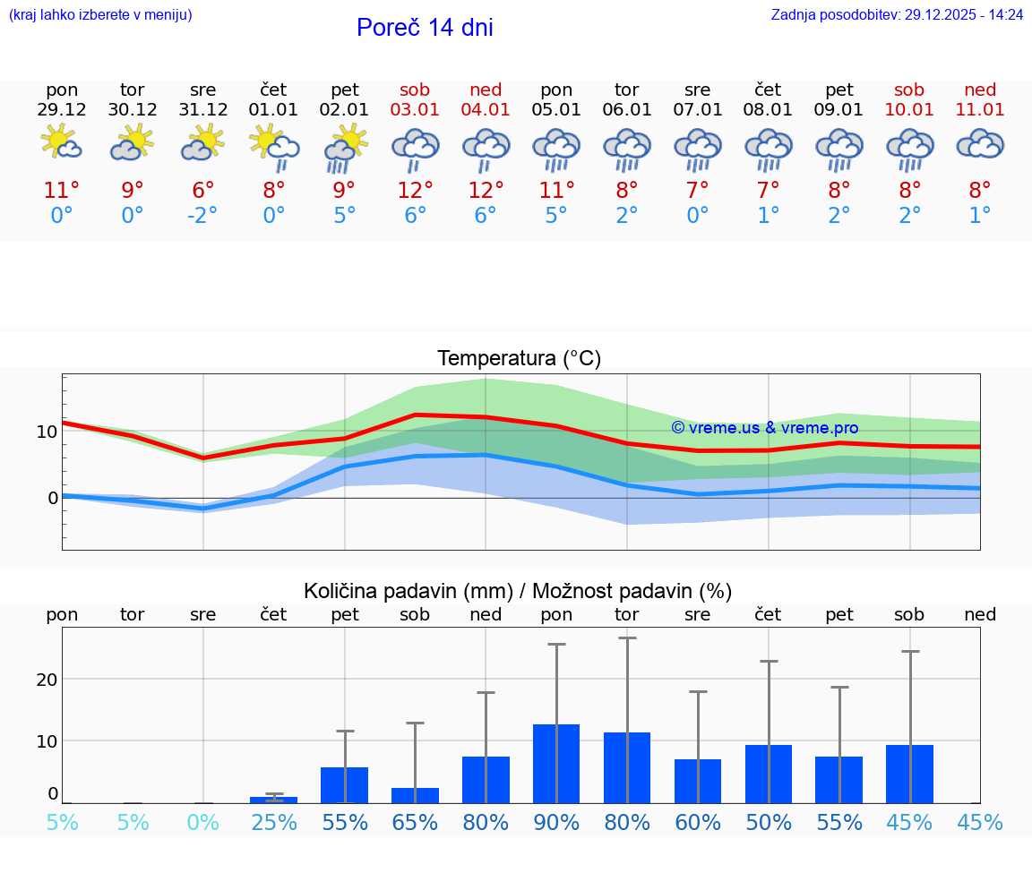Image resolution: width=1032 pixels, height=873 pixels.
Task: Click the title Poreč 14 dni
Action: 425,28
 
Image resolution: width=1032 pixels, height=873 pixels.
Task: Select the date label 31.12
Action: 203,110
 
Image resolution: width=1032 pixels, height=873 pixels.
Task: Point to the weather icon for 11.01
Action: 980,144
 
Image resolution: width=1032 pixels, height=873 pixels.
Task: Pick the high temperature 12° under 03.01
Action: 416,191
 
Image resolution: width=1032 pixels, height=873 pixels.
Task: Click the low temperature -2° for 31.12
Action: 203,216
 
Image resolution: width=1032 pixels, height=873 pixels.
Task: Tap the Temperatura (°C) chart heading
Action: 519,359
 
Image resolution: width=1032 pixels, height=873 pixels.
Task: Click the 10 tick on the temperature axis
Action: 47,432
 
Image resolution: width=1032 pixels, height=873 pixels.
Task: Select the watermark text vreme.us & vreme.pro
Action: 765,428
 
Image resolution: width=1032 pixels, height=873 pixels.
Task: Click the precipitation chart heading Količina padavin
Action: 517,591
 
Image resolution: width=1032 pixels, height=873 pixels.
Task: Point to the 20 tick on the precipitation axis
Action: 47,680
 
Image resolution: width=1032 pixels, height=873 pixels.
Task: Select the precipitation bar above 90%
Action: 556,764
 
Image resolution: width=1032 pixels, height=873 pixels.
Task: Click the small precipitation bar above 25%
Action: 274,800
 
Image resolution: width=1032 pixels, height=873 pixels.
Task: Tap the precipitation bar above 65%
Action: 416,795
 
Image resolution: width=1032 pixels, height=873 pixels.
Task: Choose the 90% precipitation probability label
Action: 556,823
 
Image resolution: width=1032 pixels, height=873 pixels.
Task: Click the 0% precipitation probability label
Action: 203,823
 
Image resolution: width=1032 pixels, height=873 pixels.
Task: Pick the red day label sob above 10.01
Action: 909,90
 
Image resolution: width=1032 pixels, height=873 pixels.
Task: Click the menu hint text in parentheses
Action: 100,15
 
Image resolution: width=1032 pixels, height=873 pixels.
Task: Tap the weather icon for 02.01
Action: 345,146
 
